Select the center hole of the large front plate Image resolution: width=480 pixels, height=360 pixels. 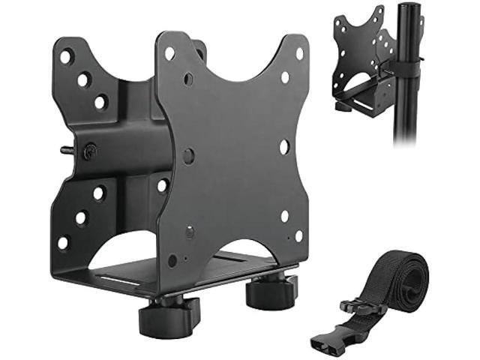(189, 156)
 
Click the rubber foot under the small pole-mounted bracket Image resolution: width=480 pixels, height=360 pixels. (344, 106)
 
